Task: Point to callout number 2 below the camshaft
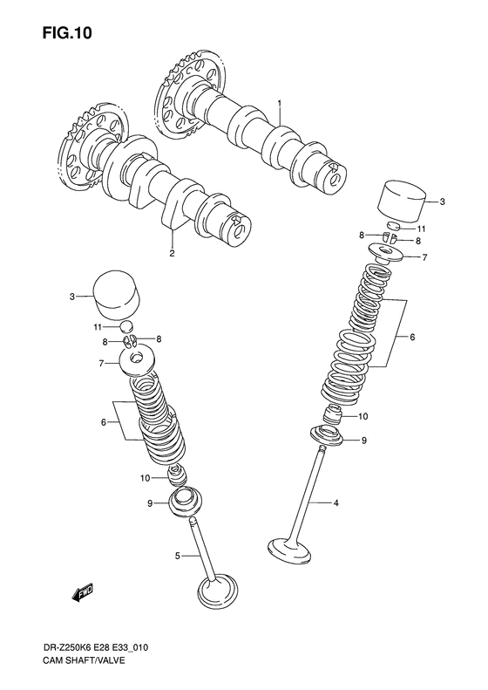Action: click(x=172, y=254)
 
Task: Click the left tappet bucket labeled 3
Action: click(x=116, y=298)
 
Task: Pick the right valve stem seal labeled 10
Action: click(x=334, y=417)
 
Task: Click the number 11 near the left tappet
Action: click(x=98, y=327)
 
